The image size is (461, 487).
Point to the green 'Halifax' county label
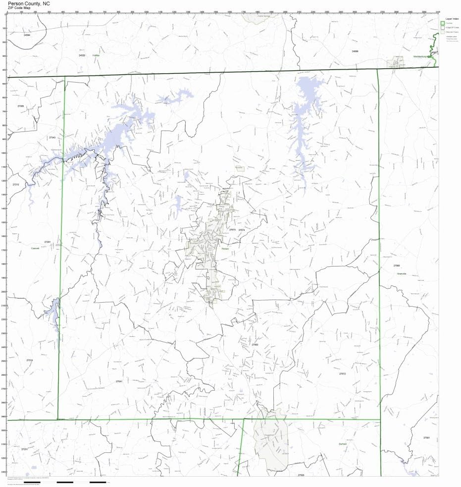pyautogui.click(x=96, y=55)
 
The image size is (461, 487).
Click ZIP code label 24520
pyautogui.click(x=82, y=55)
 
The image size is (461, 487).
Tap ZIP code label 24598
pyautogui.click(x=355, y=51)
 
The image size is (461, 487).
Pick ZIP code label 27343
pyautogui.click(x=52, y=137)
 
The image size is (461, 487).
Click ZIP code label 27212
pyautogui.click(x=16, y=184)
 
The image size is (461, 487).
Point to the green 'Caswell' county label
pyautogui.click(x=35, y=248)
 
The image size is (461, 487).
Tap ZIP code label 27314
pyautogui.click(x=29, y=360)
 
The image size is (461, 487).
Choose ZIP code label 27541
pyautogui.click(x=119, y=382)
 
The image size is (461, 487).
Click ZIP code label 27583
pyautogui.click(x=255, y=344)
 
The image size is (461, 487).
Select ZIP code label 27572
pyautogui.click(x=342, y=374)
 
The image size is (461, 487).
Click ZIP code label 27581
pyautogui.click(x=427, y=438)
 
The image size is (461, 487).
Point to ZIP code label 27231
pyautogui.click(x=25, y=449)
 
